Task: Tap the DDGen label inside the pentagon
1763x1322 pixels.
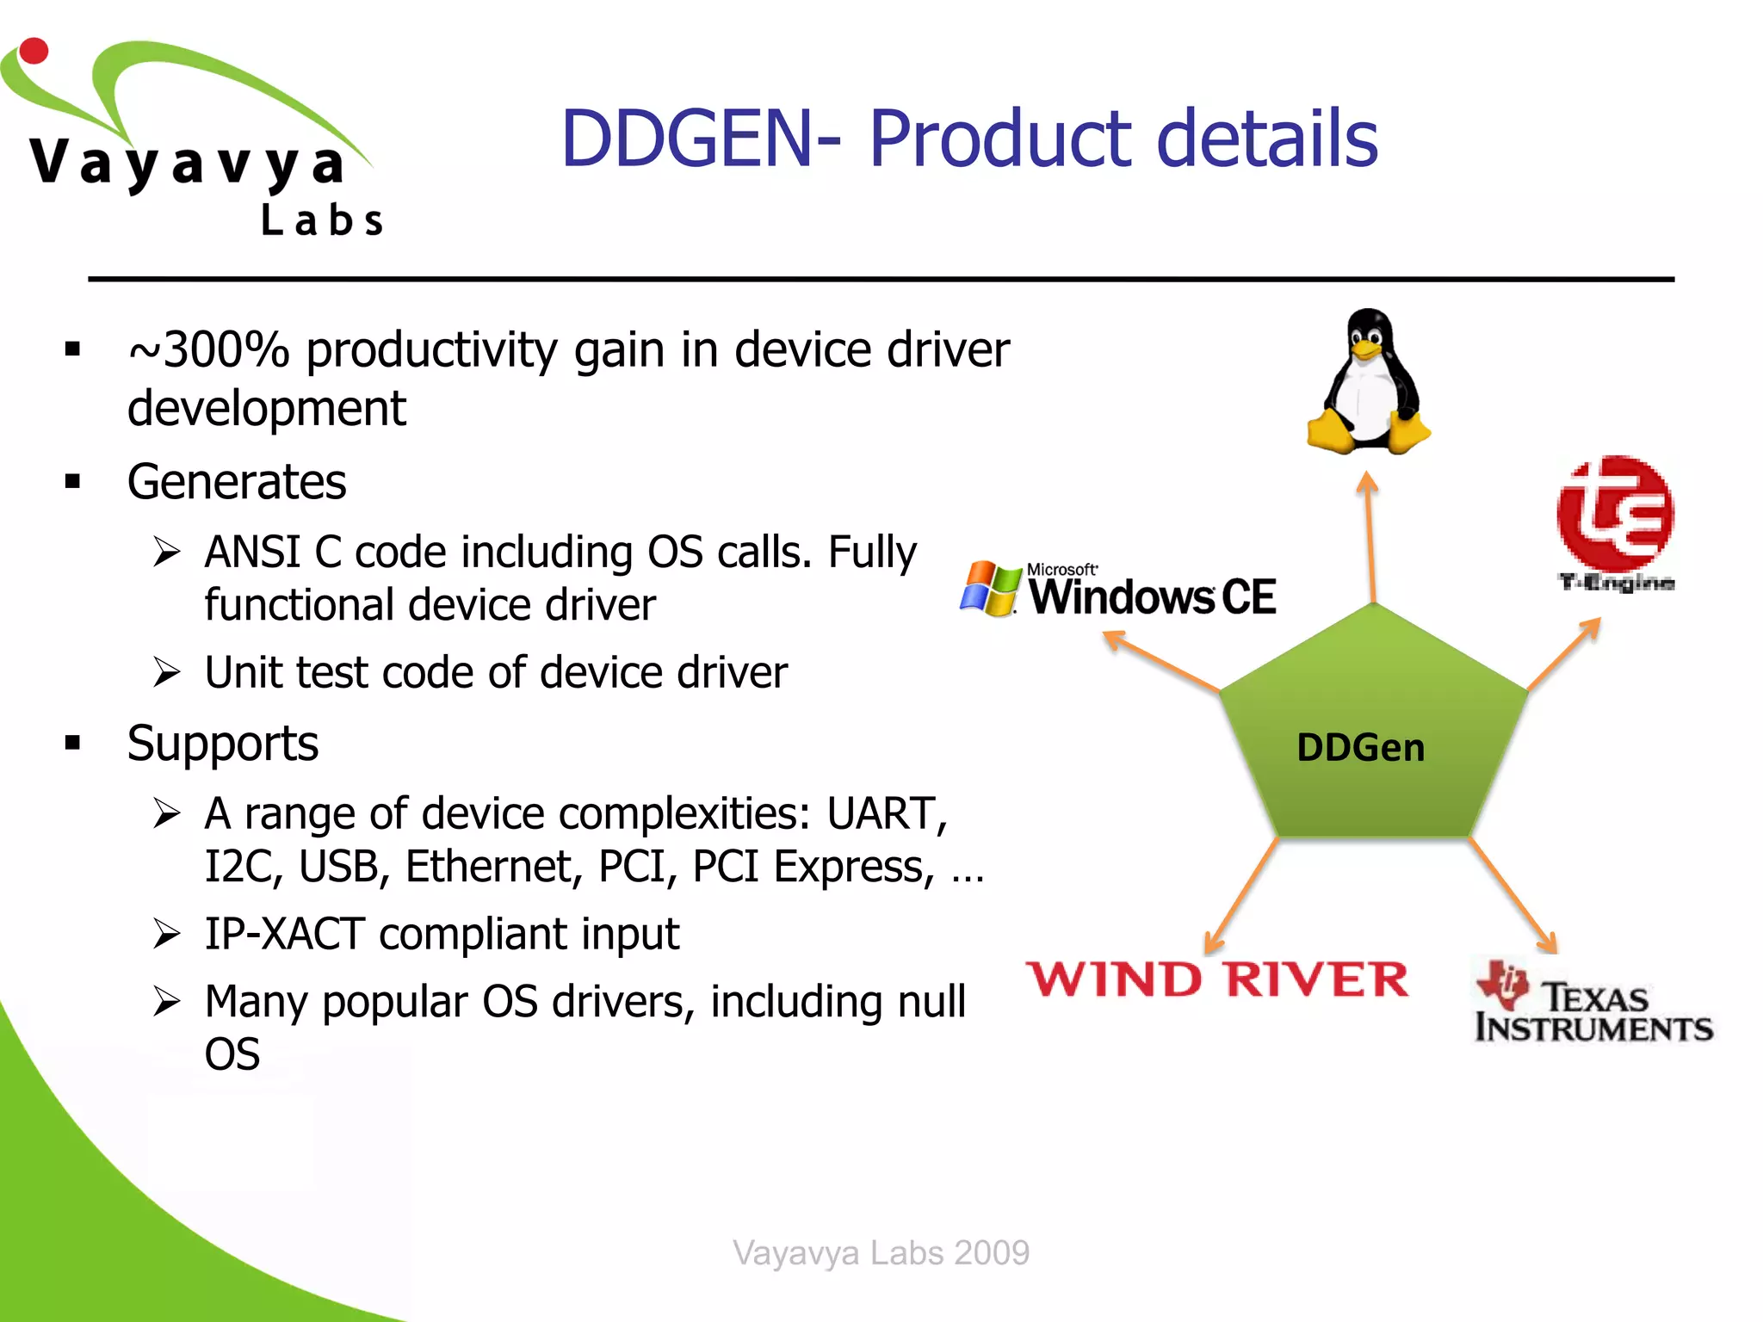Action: click(x=1360, y=747)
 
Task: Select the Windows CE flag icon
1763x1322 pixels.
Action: click(x=990, y=589)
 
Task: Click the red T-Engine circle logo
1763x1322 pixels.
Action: click(x=1615, y=513)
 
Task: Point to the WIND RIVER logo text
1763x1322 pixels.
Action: click(x=1217, y=979)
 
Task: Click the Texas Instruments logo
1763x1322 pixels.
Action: click(x=1593, y=1003)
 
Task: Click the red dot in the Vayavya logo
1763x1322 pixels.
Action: click(x=34, y=51)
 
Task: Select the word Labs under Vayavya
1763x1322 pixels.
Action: click(x=322, y=220)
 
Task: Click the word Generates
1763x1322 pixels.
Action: click(x=237, y=482)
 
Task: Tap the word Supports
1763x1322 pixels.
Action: click(x=223, y=744)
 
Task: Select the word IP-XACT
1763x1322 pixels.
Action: click(x=284, y=934)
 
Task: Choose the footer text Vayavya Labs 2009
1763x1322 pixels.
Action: click(x=881, y=1252)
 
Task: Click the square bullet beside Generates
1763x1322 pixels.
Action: click(x=72, y=481)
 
